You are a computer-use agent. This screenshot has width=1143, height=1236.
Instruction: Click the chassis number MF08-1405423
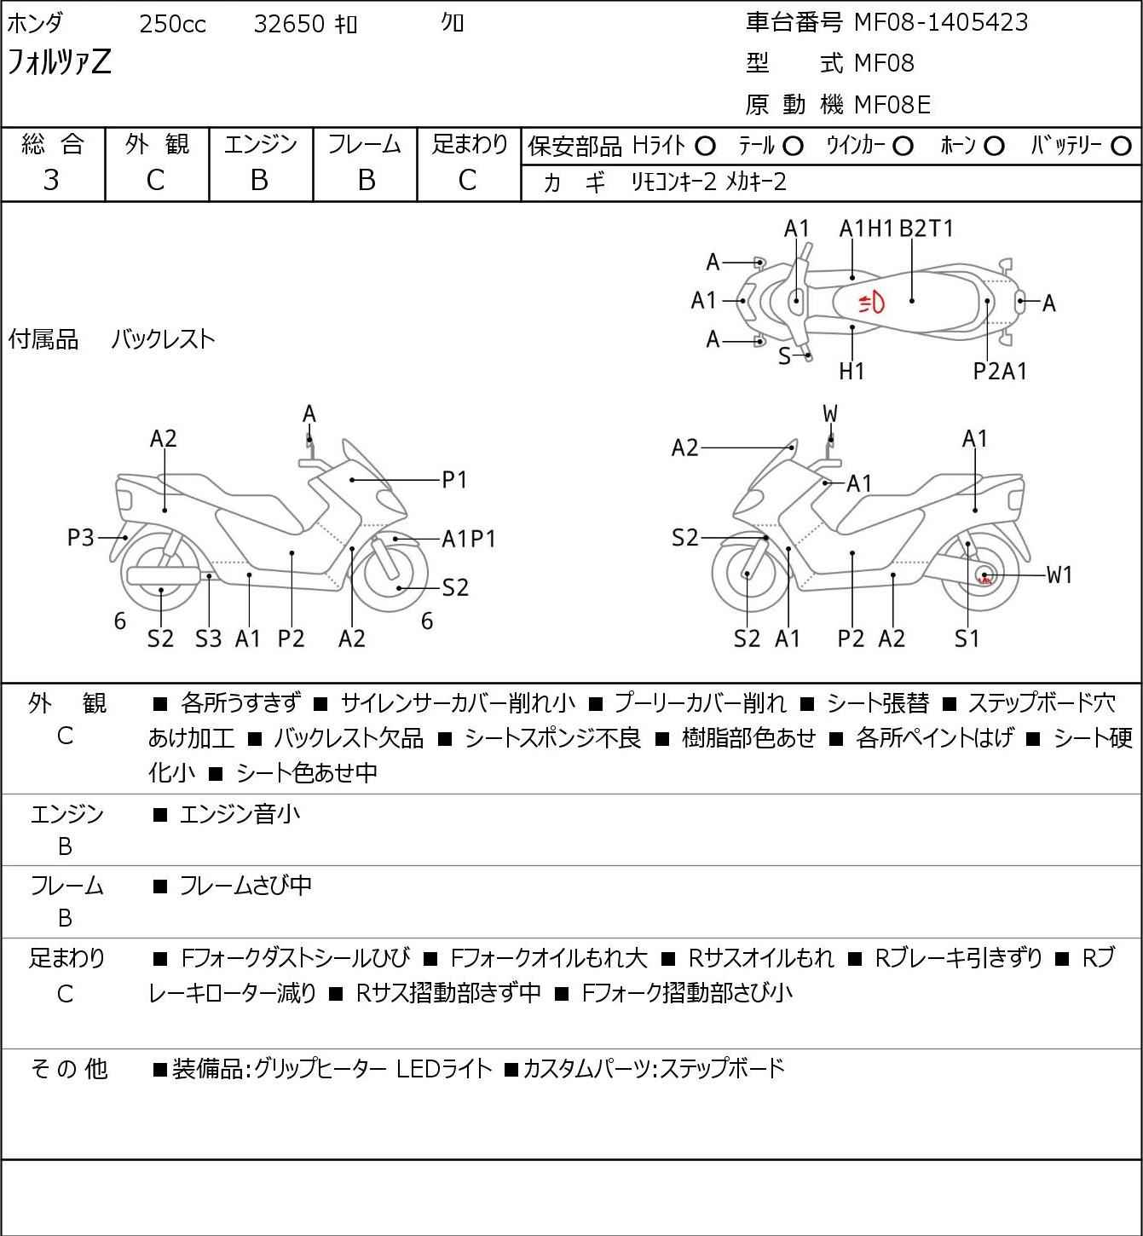pyautogui.click(x=941, y=23)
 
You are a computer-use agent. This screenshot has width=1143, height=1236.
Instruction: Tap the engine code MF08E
pyautogui.click(x=892, y=105)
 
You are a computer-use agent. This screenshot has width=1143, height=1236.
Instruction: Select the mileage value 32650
pyautogui.click(x=289, y=24)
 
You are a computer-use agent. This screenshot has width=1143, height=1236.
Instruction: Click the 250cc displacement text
pyautogui.click(x=172, y=24)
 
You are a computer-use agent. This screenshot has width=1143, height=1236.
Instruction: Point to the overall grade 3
pyautogui.click(x=52, y=180)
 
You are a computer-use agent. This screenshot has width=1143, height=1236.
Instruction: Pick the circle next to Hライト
pyautogui.click(x=705, y=147)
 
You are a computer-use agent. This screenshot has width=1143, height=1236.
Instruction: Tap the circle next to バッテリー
pyautogui.click(x=1123, y=147)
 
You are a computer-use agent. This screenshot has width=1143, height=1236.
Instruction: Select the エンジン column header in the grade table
pyautogui.click(x=261, y=145)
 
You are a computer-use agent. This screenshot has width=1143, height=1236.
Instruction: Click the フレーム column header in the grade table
pyautogui.click(x=365, y=145)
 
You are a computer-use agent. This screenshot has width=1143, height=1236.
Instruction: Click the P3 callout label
pyautogui.click(x=81, y=538)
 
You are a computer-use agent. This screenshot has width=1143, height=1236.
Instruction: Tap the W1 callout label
pyautogui.click(x=1059, y=575)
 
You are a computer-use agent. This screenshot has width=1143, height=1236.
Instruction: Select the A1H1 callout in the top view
pyautogui.click(x=866, y=228)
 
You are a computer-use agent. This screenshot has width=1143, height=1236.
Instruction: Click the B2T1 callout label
pyautogui.click(x=927, y=228)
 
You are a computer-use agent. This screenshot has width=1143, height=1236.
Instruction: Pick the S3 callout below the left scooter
pyautogui.click(x=208, y=638)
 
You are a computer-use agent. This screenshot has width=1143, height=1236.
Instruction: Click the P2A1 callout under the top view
pyautogui.click(x=1001, y=371)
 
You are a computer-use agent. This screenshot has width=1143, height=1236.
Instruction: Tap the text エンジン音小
pyautogui.click(x=240, y=815)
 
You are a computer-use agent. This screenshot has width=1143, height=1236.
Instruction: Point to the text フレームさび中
pyautogui.click(x=245, y=887)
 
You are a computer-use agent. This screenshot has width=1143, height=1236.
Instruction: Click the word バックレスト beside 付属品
pyautogui.click(x=163, y=339)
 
